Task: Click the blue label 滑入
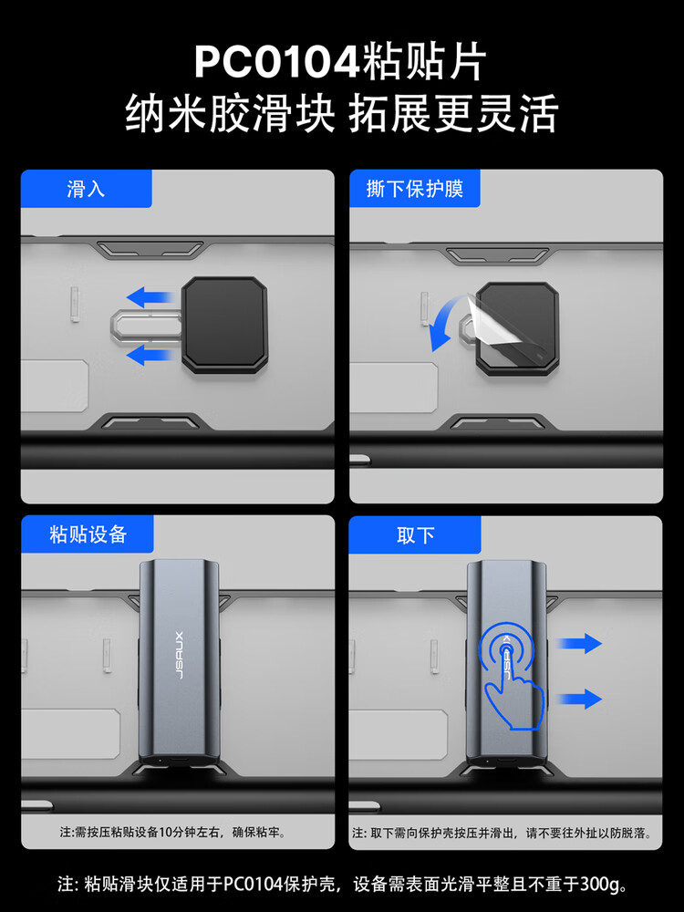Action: pos(86,189)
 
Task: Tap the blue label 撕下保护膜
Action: pos(414,189)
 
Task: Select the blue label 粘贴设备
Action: pos(88,534)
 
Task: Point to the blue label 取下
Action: pos(415,534)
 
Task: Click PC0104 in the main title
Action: pos(277,62)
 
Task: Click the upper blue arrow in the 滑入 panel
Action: pos(151,296)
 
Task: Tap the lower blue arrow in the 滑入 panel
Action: pos(151,355)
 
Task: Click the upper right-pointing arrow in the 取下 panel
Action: pos(579,643)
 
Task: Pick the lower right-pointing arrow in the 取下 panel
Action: pos(579,699)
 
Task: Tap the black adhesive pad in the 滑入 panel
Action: pos(224,325)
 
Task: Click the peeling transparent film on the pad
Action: pos(494,318)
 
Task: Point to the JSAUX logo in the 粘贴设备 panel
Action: pos(179,655)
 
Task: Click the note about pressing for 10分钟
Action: pos(173,833)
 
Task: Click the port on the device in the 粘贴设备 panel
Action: pos(179,762)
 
